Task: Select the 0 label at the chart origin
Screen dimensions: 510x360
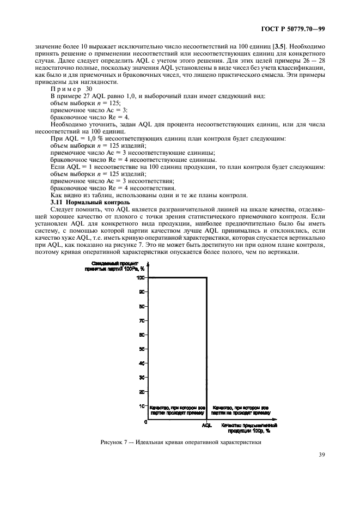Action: (145, 422)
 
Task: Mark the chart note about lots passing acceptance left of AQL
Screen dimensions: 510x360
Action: (178, 410)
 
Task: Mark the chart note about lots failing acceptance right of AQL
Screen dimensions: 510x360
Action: (240, 410)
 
